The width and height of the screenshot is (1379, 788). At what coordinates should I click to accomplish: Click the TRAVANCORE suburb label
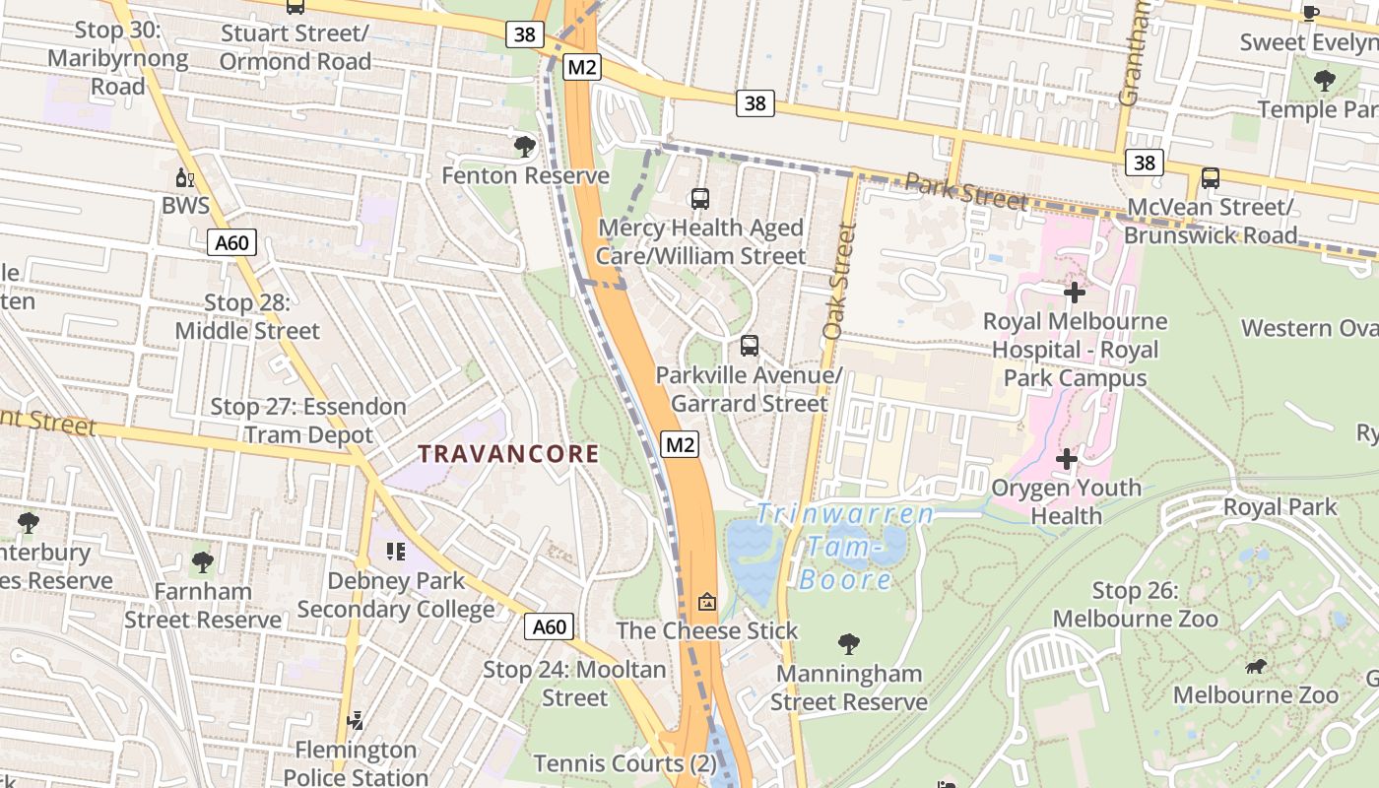(508, 454)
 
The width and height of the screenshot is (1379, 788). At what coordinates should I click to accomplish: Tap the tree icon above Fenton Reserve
(525, 148)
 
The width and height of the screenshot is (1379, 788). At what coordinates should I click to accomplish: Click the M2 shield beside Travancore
(680, 445)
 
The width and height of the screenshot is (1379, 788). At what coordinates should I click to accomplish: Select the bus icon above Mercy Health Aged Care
(700, 199)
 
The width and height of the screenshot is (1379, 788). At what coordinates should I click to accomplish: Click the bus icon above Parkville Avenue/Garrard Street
(750, 346)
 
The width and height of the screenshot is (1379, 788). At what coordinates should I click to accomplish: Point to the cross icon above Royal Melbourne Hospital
(1075, 293)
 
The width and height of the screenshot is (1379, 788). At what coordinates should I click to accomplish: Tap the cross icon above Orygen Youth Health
(1067, 459)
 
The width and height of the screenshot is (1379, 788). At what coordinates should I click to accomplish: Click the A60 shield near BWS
(231, 242)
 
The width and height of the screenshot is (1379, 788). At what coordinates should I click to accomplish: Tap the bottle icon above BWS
(184, 178)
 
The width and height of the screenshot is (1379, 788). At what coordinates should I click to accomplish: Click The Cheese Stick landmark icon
(707, 602)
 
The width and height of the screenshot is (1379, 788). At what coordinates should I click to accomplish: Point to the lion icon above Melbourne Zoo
(1255, 667)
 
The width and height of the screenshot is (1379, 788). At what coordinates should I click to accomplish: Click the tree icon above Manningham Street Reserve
(848, 645)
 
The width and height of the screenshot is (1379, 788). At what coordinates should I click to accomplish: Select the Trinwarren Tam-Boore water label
(845, 547)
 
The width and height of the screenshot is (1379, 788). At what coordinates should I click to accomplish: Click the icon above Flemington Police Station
(356, 721)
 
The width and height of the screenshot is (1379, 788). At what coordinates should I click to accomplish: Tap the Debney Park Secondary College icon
(396, 552)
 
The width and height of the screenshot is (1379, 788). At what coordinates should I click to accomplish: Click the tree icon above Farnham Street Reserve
(202, 562)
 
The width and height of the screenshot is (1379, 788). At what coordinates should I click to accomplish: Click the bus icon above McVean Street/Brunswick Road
(1210, 178)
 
